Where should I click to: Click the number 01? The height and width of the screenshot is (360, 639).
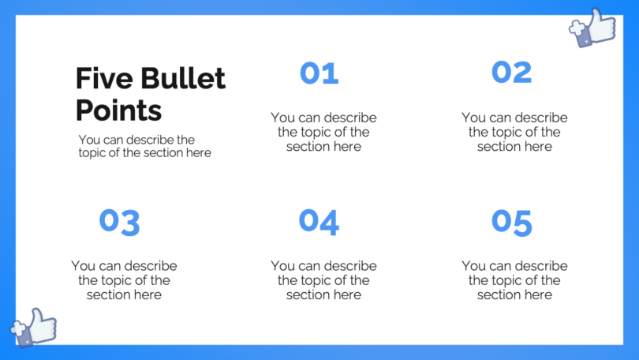[319, 73]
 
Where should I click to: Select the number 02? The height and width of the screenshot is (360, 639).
[511, 72]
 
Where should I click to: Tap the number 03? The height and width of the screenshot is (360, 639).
[119, 222]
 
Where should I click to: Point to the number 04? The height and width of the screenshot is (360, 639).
[319, 222]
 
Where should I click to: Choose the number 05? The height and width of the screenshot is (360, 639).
[511, 222]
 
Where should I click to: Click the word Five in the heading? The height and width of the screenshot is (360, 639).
[104, 79]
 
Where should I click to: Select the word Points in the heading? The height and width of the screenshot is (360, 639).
[118, 110]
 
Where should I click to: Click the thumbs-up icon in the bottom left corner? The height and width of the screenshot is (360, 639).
[34, 327]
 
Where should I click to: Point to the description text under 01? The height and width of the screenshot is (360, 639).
[323, 132]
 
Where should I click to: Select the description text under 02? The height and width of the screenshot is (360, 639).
[514, 132]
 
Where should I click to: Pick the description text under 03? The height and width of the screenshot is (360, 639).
[124, 280]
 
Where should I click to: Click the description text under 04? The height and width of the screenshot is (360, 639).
[323, 280]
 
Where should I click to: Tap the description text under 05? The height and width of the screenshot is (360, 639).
[514, 280]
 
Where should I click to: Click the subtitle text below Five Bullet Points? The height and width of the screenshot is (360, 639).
[144, 146]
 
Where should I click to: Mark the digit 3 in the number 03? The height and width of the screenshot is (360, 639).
[130, 223]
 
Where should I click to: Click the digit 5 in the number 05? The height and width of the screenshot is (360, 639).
[522, 223]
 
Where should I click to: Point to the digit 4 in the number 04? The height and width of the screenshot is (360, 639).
[330, 222]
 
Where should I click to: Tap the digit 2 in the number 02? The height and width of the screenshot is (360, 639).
[522, 72]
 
